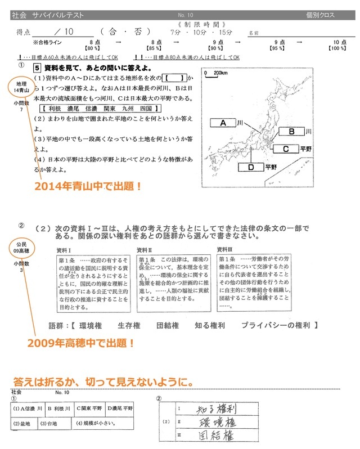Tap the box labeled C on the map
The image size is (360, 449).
coord(286,149)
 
